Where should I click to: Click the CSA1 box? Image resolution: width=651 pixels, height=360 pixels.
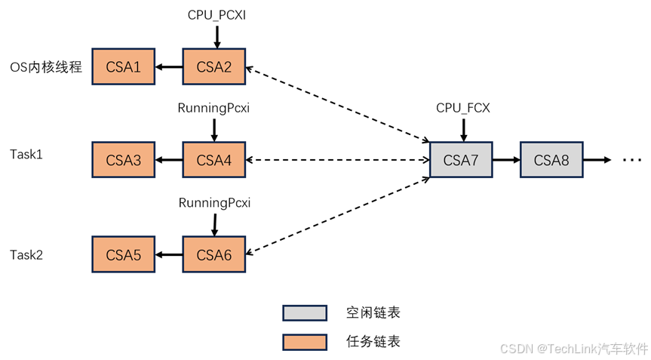click(x=123, y=67)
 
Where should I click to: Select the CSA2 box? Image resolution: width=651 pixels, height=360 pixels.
click(x=213, y=67)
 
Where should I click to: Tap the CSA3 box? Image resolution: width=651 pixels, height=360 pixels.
click(x=123, y=160)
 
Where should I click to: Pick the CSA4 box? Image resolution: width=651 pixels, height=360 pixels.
click(x=213, y=160)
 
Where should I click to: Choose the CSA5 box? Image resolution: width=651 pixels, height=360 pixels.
click(x=123, y=254)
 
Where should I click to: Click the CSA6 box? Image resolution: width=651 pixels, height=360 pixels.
click(x=213, y=254)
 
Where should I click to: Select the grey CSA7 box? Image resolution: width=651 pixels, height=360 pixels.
click(x=461, y=160)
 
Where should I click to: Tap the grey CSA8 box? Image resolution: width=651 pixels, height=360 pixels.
click(x=551, y=160)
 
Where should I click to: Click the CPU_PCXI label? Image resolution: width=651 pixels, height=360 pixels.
click(x=216, y=14)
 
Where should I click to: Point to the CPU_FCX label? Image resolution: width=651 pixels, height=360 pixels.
click(x=463, y=108)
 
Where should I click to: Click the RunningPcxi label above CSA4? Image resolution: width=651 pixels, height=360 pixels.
click(x=213, y=108)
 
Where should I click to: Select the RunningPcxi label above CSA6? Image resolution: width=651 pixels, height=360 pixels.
click(x=214, y=202)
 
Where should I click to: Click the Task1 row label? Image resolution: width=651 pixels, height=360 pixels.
click(x=26, y=154)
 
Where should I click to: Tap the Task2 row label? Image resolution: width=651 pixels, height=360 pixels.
click(x=26, y=255)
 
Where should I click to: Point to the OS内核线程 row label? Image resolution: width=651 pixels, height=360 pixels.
click(x=46, y=67)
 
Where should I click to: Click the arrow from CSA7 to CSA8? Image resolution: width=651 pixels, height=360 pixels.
click(x=505, y=160)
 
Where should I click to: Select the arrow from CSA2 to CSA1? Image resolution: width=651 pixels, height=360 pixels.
click(x=168, y=67)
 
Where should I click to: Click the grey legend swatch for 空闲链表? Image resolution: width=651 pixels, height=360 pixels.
click(x=305, y=312)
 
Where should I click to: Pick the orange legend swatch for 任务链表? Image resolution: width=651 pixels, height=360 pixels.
click(x=305, y=342)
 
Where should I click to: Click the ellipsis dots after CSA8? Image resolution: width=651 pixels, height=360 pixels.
click(x=631, y=160)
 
